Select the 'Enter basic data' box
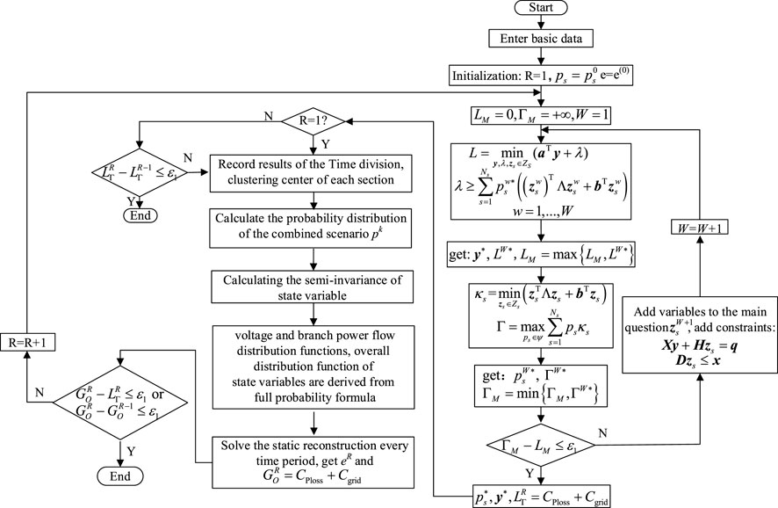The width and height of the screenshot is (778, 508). pyautogui.click(x=540, y=40)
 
